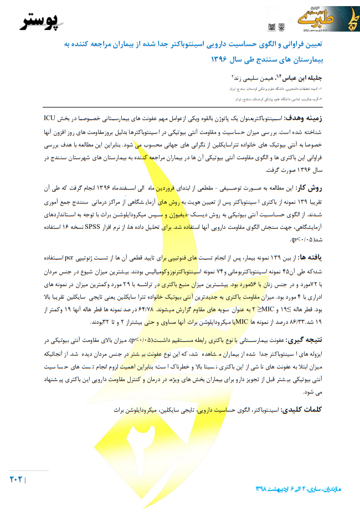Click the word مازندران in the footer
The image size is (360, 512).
tap(340, 488)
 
